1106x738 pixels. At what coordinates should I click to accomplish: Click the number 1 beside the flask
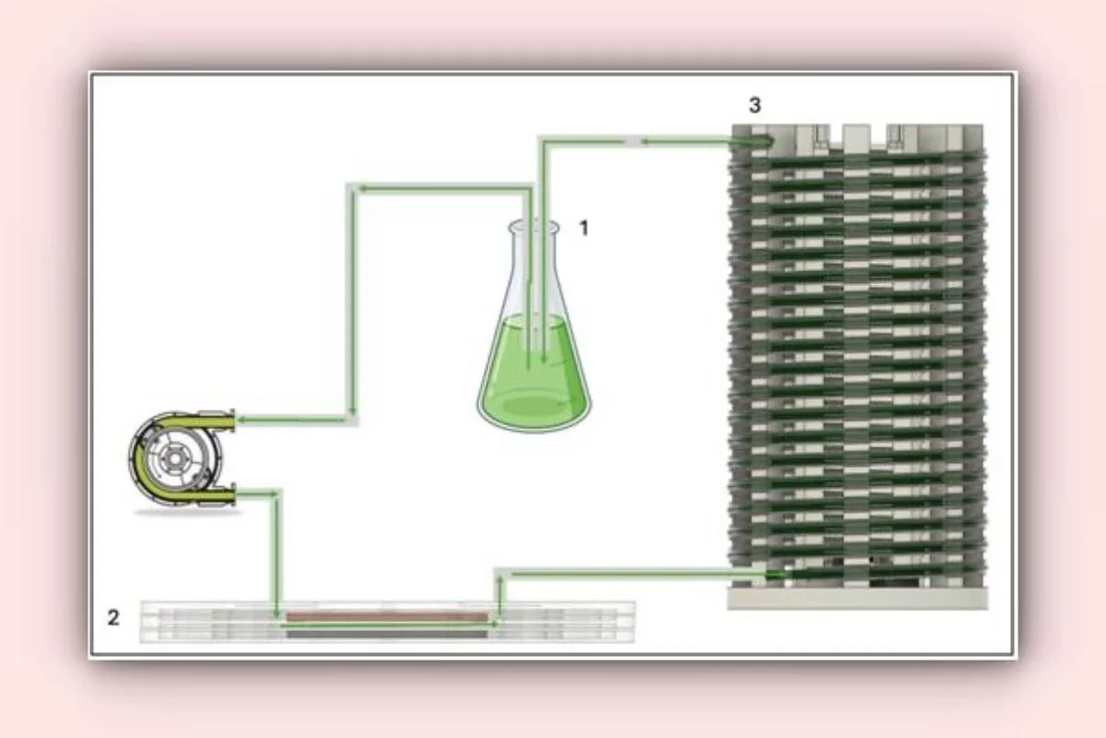click(x=584, y=229)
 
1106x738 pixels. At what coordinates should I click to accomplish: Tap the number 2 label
click(x=113, y=617)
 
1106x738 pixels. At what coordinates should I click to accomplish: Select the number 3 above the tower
click(x=755, y=105)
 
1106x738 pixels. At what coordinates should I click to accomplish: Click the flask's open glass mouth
click(x=534, y=227)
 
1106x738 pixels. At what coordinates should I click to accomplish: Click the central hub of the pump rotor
click(x=174, y=458)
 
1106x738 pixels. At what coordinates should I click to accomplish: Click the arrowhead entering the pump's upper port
click(x=241, y=421)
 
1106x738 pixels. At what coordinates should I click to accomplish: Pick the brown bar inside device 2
click(x=387, y=616)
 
